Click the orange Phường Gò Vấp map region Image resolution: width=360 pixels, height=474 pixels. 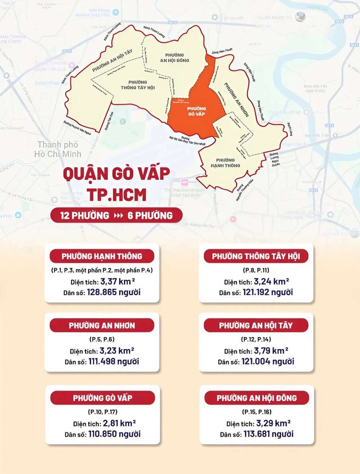click(x=196, y=112)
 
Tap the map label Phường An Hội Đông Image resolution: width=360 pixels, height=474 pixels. click(x=175, y=58)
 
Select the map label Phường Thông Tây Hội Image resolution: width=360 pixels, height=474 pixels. click(x=138, y=85)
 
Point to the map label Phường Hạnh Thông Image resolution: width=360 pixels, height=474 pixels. click(x=225, y=163)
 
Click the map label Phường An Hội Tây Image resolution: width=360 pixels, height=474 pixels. click(x=112, y=61)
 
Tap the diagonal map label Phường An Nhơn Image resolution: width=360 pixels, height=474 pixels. click(x=237, y=100)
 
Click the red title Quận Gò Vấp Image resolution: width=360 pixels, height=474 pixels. click(x=116, y=174)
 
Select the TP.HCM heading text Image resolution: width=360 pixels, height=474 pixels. click(x=116, y=195)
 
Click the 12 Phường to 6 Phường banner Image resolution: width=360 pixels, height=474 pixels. click(x=116, y=215)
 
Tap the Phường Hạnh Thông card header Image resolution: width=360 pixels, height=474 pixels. click(x=102, y=256)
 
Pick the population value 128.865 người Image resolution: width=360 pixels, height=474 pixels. click(x=114, y=292)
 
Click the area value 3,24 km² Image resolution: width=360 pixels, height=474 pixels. click(x=271, y=282)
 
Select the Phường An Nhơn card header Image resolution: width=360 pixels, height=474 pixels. click(x=102, y=326)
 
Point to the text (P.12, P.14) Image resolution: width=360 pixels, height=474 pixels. click(x=256, y=339)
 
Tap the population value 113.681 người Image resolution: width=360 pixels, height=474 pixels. click(x=268, y=434)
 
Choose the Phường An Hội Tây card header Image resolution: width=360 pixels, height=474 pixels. click(x=256, y=326)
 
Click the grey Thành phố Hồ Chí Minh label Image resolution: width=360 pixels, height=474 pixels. click(x=58, y=149)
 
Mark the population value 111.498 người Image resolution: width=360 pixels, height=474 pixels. click(x=114, y=361)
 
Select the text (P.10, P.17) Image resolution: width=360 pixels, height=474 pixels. click(x=103, y=412)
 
